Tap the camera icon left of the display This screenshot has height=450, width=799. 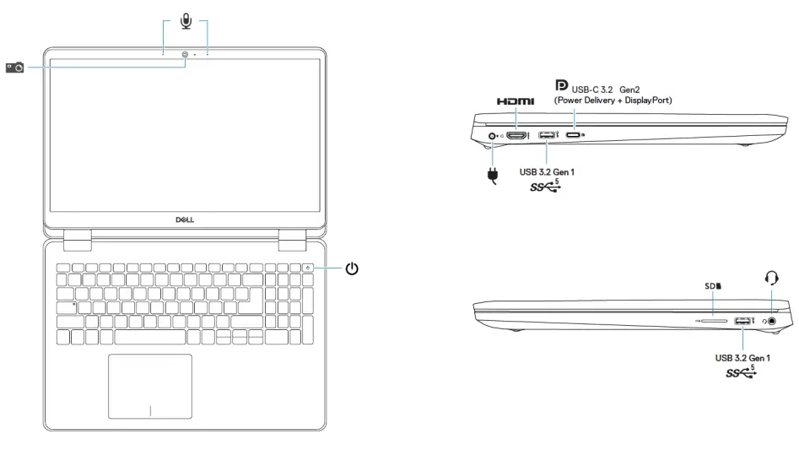[15, 66]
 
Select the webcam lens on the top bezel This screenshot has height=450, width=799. [185, 55]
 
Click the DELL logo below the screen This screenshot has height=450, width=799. [185, 219]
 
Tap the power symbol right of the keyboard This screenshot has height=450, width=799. [352, 269]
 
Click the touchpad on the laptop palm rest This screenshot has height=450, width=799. [150, 387]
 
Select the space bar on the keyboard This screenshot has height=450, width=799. [150, 337]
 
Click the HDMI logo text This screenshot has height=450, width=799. [516, 101]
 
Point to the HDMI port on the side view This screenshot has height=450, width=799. [516, 135]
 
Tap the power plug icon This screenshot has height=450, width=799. [494, 176]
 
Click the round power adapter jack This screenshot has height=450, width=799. [491, 135]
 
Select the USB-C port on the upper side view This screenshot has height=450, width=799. [574, 135]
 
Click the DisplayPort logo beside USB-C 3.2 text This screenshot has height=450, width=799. [560, 84]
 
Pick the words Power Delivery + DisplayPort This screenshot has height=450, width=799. [613, 100]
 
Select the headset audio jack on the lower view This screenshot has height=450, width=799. [769, 321]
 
